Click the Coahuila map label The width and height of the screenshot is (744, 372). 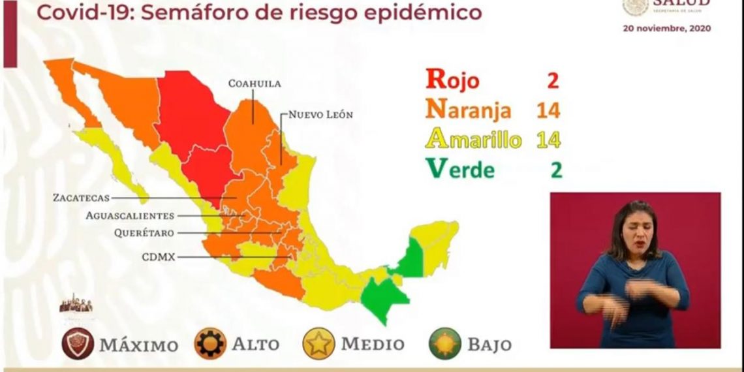coord(255,84)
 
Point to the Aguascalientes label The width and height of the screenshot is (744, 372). coord(130,215)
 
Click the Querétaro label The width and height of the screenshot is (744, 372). coord(144,232)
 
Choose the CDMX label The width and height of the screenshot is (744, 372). coord(159,257)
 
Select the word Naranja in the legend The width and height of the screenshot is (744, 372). coord(468,110)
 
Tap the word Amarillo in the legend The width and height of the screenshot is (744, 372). coord(473,139)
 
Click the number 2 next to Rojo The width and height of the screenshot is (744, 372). coord(552,80)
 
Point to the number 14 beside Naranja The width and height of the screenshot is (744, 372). coord(548,110)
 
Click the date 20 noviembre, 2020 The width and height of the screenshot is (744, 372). coord(666,29)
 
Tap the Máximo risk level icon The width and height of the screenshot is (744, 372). coord(78,344)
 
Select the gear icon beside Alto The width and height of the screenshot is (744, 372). coord(211,344)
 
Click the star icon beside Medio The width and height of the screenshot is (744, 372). coord(318,344)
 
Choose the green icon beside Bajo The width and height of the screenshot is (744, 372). coord(445,344)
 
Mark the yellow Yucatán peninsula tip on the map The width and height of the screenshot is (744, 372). coord(440,235)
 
